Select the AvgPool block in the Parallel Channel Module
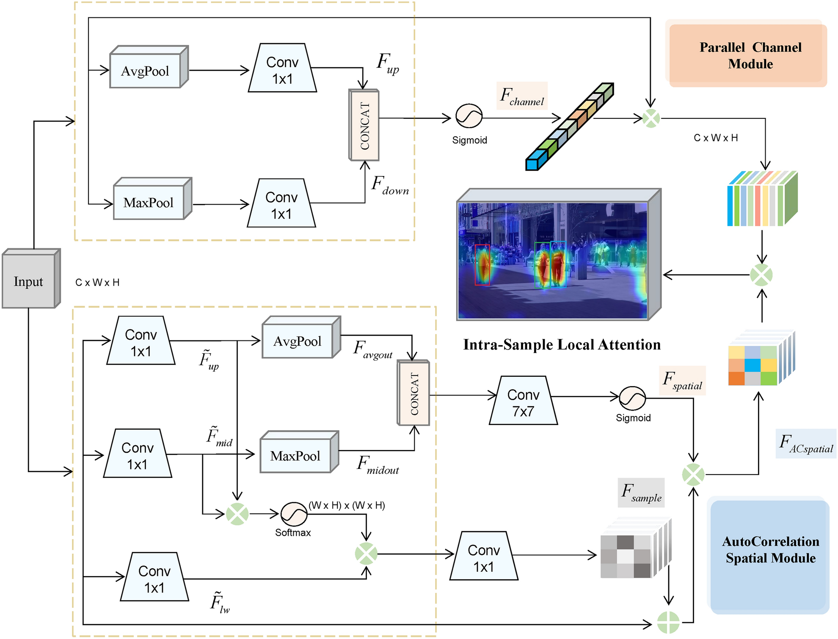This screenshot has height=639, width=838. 145,71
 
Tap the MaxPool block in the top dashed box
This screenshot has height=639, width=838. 149,202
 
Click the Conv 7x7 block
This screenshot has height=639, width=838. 523,401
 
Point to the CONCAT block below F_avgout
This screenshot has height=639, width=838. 413,393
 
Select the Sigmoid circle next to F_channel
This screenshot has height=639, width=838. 469,116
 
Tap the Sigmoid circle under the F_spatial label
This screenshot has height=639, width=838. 632,398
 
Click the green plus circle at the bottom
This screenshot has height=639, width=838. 668,623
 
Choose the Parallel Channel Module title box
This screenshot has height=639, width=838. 747,55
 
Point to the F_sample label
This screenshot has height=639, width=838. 641,493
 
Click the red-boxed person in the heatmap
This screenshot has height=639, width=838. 482,265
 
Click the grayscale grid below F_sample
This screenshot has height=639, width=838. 626,556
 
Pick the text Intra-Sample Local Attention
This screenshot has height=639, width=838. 562,345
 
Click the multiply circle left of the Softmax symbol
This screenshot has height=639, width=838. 237,514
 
